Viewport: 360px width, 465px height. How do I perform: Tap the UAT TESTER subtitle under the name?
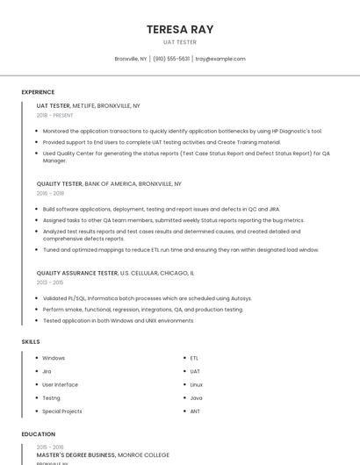[180, 42]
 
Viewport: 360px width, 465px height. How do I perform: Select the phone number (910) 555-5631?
[171, 59]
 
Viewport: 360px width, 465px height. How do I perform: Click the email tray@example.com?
[220, 59]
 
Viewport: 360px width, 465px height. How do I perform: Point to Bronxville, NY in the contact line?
[131, 59]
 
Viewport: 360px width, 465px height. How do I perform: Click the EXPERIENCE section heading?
[38, 91]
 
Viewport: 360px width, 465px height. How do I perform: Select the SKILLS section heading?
[31, 341]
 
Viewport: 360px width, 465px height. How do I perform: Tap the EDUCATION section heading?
[39, 433]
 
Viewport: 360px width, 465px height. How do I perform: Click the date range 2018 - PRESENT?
[55, 115]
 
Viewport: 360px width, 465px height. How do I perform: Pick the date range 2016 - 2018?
[50, 193]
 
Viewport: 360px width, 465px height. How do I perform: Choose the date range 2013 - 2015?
[50, 283]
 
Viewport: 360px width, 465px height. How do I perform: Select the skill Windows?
[54, 358]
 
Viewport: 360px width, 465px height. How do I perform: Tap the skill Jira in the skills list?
[47, 371]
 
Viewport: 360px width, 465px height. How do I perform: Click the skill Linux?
[196, 384]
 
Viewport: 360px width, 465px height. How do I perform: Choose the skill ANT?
[195, 411]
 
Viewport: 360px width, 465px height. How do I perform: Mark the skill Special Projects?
[62, 411]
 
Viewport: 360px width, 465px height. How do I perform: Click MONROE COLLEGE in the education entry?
[144, 454]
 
